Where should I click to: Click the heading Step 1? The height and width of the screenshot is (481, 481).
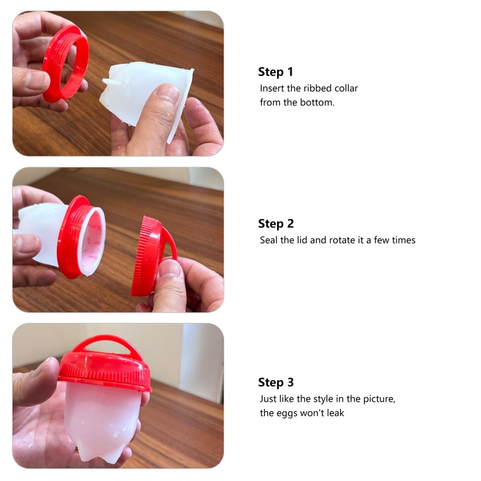click(276, 72)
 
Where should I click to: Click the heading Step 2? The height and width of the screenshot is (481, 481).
click(276, 224)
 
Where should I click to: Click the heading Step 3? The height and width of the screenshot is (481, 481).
click(276, 382)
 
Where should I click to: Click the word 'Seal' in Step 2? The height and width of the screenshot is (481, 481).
click(269, 240)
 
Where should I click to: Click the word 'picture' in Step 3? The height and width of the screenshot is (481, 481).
click(378, 399)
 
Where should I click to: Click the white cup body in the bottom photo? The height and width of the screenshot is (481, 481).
click(102, 418)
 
